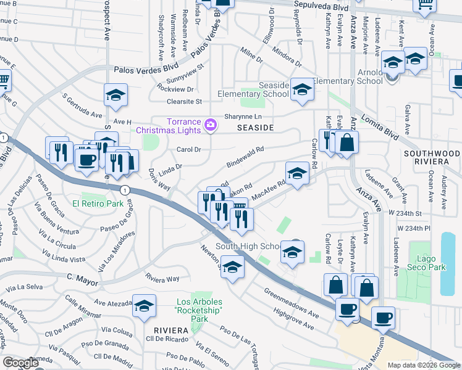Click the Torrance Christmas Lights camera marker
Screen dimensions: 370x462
(211, 125)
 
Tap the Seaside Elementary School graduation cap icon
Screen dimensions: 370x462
(302, 89)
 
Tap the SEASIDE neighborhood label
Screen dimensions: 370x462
(254, 128)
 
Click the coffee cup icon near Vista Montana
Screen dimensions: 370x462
(384, 318)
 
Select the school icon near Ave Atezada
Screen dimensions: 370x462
(144, 306)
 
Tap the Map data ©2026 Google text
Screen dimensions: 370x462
(422, 365)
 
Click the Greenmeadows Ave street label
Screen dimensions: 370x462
(291, 300)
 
